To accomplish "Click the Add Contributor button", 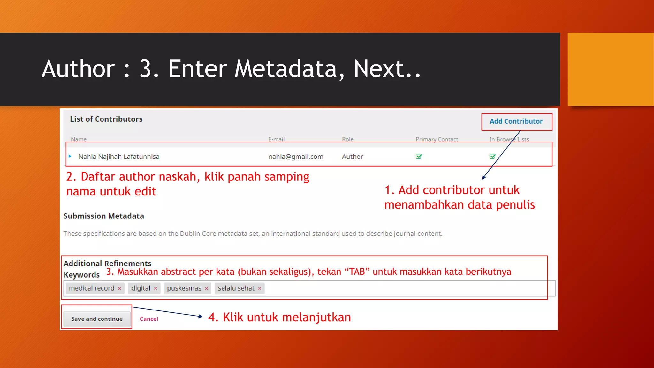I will pos(516,121).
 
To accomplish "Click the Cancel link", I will pos(149,319).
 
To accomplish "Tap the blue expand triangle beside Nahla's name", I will pos(70,156).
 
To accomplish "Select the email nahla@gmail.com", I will pos(295,157).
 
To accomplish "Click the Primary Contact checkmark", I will pos(419,157).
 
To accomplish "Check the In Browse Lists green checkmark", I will pos(492,157).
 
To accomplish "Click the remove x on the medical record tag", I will pos(120,288).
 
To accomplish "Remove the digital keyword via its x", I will pos(156,288).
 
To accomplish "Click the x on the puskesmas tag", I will pos(206,288).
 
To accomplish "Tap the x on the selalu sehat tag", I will pos(260,288).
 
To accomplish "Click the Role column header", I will pos(347,139).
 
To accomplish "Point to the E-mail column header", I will pos(276,139).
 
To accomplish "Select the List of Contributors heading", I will pos(106,119).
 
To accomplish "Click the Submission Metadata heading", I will pos(103,216).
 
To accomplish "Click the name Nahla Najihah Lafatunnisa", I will pos(119,157).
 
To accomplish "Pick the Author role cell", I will pos(353,157).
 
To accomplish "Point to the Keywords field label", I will pos(81,275).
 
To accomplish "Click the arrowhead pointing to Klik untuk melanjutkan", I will pos(201,316).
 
